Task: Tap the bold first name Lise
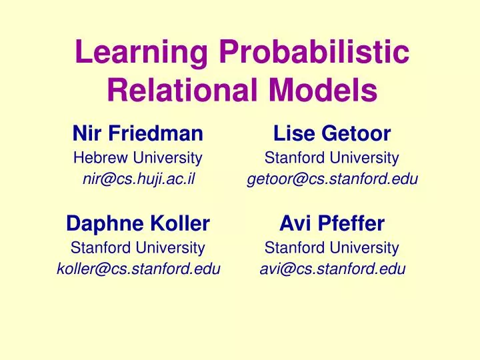[294, 134]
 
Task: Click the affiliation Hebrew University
[137, 158]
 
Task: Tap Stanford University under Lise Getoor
[332, 158]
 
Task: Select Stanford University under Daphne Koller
[137, 248]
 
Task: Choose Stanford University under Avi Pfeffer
[332, 248]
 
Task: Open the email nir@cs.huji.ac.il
[137, 179]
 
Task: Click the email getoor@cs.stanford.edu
[332, 179]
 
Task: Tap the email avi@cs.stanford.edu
[332, 269]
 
